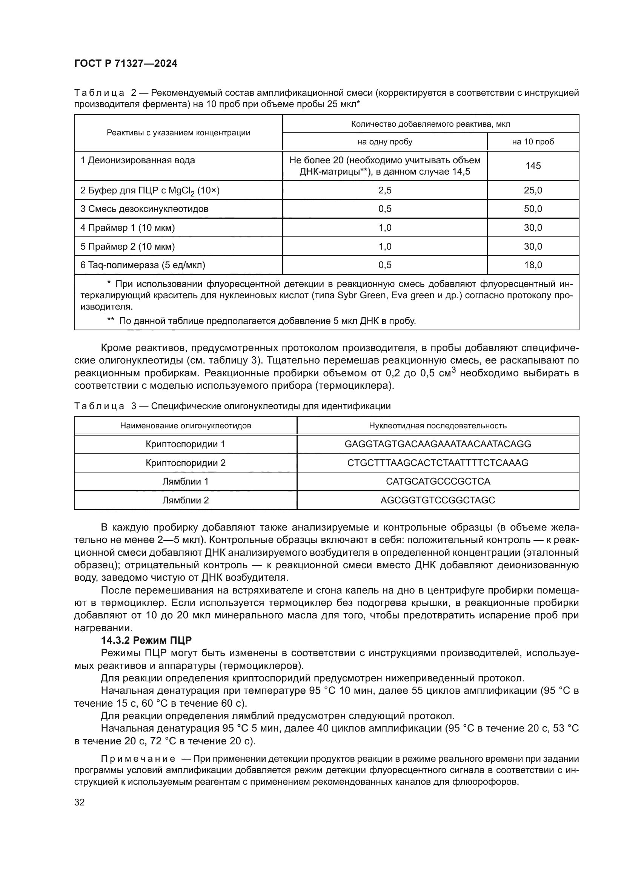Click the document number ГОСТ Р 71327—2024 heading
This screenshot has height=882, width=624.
pos(126,64)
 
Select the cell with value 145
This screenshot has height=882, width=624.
pos(533,166)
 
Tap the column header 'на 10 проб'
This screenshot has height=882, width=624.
pos(533,142)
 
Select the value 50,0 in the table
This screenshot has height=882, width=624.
pos(533,209)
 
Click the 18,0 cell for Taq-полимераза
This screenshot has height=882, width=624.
pos(533,265)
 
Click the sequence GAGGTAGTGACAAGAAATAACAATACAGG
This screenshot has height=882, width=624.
pos(438,444)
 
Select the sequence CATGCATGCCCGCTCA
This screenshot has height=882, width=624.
pos(438,481)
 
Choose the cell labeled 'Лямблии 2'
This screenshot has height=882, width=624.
pos(186,500)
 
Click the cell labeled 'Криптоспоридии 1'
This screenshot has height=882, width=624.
pos(186,444)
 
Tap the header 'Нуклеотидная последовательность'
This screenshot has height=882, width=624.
pos(438,426)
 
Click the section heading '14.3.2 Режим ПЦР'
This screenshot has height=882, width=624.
pos(146,640)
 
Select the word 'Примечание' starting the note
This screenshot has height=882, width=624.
pos(138,759)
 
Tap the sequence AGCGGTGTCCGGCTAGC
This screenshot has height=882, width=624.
pos(438,500)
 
